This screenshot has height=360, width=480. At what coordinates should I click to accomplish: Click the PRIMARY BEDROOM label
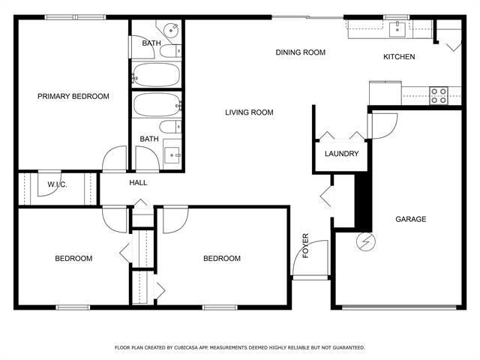(73, 96)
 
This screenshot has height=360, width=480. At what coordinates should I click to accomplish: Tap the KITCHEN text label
(399, 57)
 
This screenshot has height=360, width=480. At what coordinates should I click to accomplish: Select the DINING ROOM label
(300, 52)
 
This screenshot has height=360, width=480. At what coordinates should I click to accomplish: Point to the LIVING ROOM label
(249, 112)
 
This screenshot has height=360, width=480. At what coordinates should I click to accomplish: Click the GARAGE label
(410, 219)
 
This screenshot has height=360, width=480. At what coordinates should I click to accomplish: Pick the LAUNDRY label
(341, 154)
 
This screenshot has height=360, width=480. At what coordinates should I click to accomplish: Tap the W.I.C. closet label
(57, 184)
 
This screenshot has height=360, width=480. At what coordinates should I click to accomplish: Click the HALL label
(138, 182)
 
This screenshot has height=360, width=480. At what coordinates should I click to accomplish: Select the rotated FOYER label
(305, 245)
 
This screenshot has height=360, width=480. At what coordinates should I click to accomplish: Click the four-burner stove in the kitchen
(438, 94)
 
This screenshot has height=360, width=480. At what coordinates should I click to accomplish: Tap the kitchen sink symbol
(397, 29)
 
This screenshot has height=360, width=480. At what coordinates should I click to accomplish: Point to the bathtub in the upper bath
(156, 75)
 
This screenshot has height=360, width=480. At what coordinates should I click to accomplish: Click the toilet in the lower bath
(171, 127)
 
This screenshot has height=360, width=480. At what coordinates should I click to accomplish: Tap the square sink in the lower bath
(173, 155)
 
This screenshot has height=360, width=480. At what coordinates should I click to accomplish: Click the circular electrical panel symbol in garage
(367, 242)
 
